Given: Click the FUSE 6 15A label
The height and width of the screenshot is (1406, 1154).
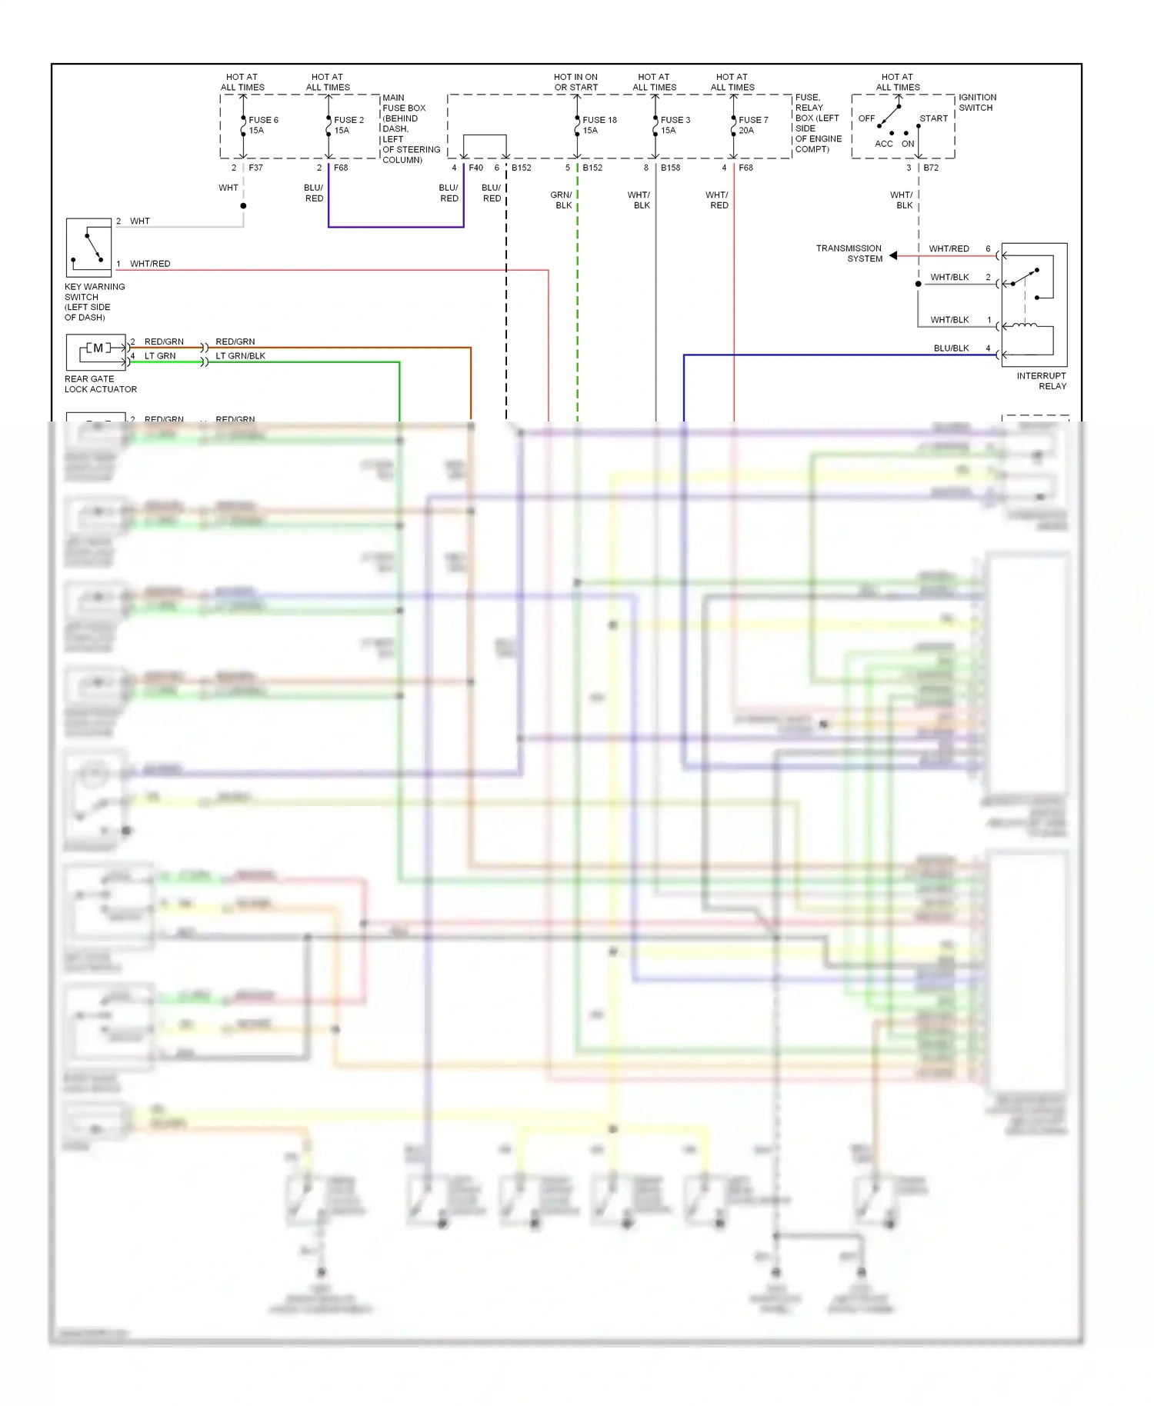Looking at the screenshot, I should (x=262, y=125).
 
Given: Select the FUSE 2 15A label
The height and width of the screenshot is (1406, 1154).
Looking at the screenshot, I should (x=348, y=125).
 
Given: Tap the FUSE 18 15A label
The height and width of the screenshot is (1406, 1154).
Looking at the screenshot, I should (x=599, y=125).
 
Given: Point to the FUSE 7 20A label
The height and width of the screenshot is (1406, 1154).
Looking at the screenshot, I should (x=752, y=125).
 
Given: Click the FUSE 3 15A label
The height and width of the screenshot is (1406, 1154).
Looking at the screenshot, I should (x=675, y=125).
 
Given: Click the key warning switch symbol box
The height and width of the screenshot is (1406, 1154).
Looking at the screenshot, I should (x=88, y=248).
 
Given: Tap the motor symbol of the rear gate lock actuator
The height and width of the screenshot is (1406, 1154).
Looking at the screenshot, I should (x=98, y=348).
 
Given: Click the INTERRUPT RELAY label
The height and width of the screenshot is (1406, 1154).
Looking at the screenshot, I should (x=1041, y=381).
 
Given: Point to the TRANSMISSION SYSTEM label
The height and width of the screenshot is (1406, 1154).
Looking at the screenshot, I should (x=849, y=253).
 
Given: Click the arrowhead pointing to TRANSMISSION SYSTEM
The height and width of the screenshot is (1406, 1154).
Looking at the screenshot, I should (x=893, y=255).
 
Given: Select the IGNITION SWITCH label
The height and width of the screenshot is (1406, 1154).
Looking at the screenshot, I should (x=976, y=102).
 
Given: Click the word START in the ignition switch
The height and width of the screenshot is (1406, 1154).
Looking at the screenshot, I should (x=933, y=118).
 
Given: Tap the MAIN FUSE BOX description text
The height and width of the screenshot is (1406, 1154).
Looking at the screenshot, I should (x=410, y=128).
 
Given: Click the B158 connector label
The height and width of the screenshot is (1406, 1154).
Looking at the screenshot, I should (x=670, y=168).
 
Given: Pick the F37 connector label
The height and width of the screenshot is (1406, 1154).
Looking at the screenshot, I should (x=255, y=168).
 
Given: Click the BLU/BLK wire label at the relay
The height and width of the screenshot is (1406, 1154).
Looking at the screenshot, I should (x=951, y=348).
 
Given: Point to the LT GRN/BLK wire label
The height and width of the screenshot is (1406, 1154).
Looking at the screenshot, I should (x=240, y=356).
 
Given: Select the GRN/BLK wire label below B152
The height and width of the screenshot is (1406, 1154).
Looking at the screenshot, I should (x=562, y=200).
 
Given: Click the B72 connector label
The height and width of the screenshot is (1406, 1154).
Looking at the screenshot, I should (x=931, y=168).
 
